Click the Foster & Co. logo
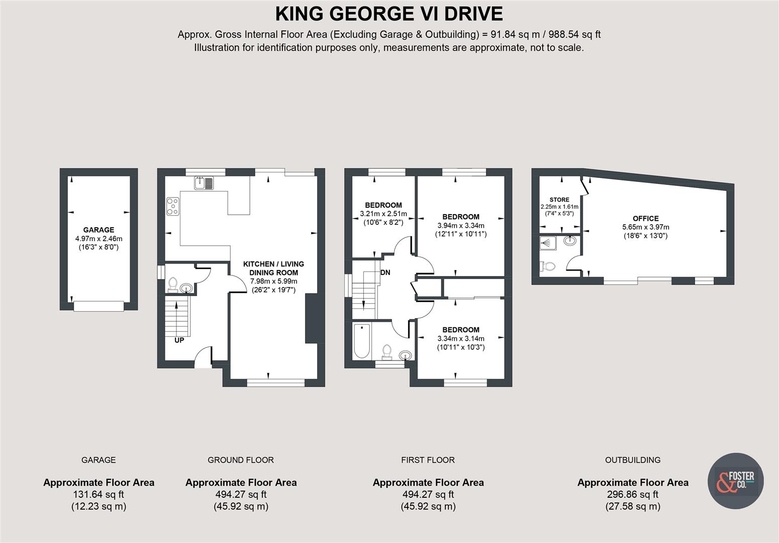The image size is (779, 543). coord(735,481)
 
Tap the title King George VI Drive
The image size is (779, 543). coord(389,14)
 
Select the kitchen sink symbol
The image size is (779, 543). coord(204,183)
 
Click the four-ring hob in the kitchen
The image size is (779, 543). coord(172,207)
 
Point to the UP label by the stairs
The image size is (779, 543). coord(179,340)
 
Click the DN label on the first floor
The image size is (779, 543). coord(385,273)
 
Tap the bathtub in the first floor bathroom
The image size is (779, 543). coord(361,341)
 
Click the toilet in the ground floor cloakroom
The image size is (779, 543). coord(173,285)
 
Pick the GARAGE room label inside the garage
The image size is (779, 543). coord(99,230)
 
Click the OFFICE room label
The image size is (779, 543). coord(645,219)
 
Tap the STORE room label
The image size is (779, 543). coord(559,200)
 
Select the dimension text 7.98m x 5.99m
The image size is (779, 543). coord(273,281)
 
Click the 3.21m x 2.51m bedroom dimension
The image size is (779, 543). coord(383,214)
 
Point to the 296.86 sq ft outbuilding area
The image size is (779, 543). coord(632,494)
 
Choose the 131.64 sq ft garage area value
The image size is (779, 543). coord(99,494)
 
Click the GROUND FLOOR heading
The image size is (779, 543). coord(240,460)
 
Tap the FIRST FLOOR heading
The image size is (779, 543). coord(428,460)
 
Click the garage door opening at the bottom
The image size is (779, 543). coord(99,306)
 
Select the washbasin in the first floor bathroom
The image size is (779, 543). coord(406,355)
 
